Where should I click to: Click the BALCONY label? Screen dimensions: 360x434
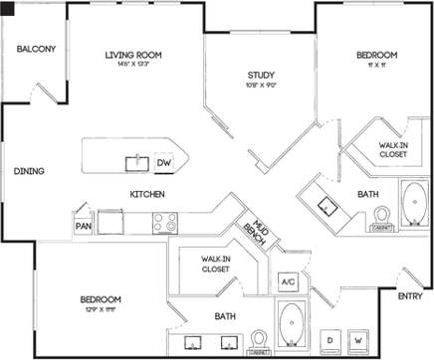[35, 49]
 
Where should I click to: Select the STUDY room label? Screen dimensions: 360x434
[262, 75]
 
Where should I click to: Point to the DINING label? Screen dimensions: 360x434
[28, 171]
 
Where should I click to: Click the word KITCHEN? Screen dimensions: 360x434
[145, 193]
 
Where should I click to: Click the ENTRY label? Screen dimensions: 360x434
[408, 296]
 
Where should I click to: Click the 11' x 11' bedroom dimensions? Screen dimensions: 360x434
[376, 66]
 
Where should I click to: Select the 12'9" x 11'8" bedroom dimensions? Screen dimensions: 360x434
[102, 310]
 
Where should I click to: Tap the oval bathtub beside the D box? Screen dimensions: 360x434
[291, 325]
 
